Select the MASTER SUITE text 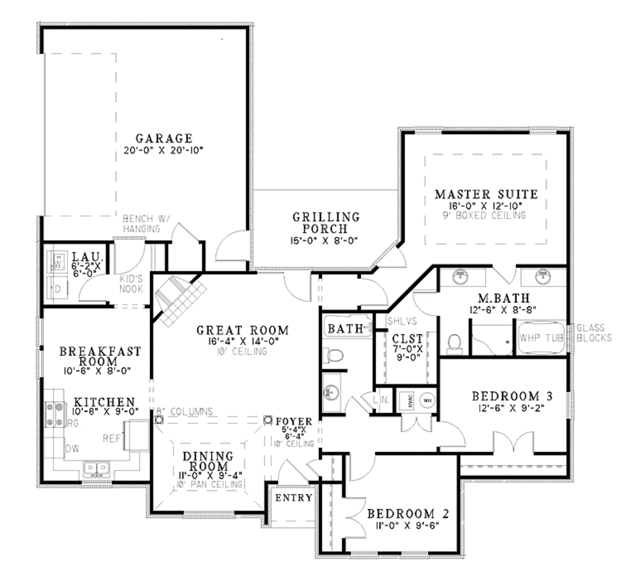486,194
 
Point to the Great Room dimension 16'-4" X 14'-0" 242,342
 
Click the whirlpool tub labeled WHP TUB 541,338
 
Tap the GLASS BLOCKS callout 594,333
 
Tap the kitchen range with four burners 56,414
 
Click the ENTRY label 294,498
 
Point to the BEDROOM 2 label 408,514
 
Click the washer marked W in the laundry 59,263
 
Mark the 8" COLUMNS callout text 184,412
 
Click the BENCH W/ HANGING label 141,223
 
